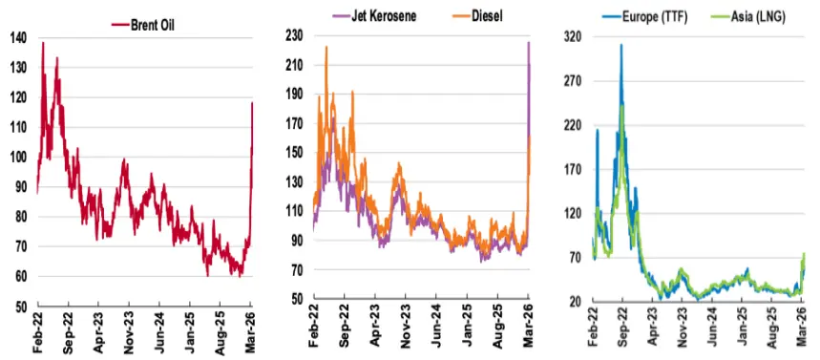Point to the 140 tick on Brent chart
tap(20, 37)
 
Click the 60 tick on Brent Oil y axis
tap(20, 277)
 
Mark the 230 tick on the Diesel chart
tap(294, 34)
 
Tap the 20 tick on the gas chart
tap(575, 303)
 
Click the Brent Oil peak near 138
tap(42, 43)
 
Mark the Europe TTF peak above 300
tap(621, 45)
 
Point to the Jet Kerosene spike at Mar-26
tap(528, 42)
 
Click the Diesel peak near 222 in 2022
tap(326, 47)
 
